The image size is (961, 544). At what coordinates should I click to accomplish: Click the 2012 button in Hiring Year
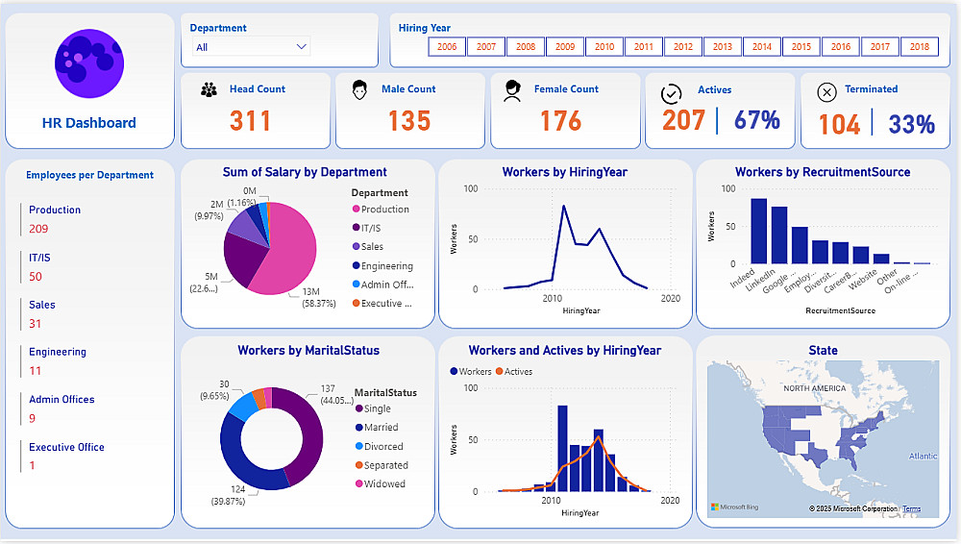pyautogui.click(x=683, y=46)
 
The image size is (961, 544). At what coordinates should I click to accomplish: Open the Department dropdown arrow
pyautogui.click(x=302, y=46)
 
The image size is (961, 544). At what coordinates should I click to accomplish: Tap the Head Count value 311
pyautogui.click(x=250, y=121)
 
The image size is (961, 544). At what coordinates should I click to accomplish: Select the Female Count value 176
pyautogui.click(x=560, y=121)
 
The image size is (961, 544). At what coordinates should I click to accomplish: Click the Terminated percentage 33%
pyautogui.click(x=911, y=124)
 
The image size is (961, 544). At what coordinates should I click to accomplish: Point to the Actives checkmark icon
pyautogui.click(x=672, y=92)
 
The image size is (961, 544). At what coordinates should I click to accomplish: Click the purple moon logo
pyautogui.click(x=89, y=64)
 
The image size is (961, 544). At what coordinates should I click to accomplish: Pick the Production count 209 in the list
pyautogui.click(x=38, y=229)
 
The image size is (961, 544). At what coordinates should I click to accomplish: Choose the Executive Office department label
pyautogui.click(x=66, y=447)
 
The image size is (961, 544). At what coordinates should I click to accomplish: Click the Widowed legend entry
pyautogui.click(x=384, y=484)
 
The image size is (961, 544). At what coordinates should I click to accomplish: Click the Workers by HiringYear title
pyautogui.click(x=564, y=173)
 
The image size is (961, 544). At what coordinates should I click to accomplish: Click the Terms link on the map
pyautogui.click(x=911, y=509)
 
